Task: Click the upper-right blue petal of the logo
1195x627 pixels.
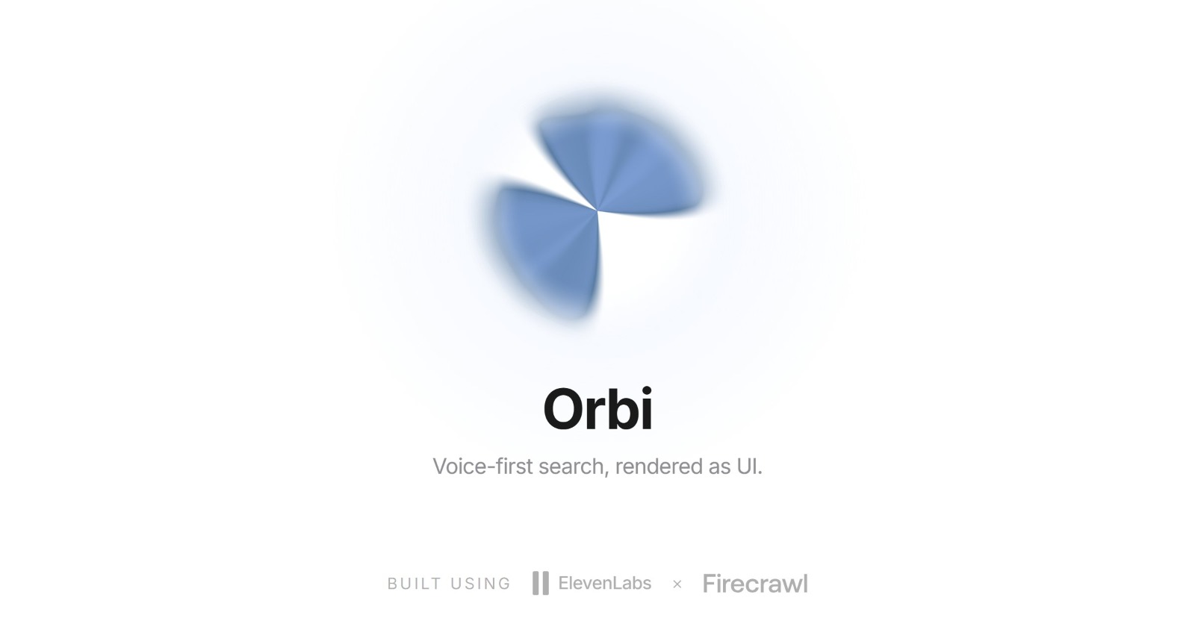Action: click(624, 160)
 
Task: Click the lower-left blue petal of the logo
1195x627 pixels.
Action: click(550, 246)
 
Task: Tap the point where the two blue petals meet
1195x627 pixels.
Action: click(597, 210)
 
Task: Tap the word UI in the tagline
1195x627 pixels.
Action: click(749, 467)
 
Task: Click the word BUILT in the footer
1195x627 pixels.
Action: click(415, 584)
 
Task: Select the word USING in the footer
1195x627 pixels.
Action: click(481, 584)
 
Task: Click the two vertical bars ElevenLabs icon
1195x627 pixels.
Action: click(541, 583)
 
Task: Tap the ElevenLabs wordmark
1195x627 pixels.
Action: click(604, 583)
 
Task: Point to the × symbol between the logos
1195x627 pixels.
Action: click(677, 584)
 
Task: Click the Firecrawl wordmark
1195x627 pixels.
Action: click(755, 584)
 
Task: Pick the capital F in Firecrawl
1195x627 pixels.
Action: click(710, 584)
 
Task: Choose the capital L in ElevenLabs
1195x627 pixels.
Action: click(615, 583)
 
